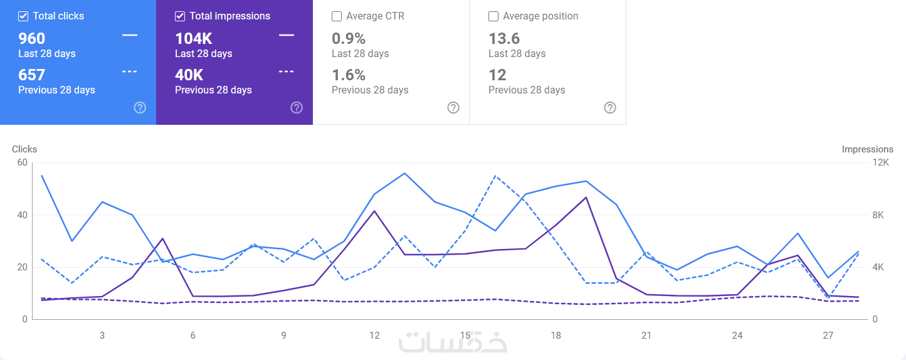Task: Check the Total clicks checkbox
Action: tap(23, 16)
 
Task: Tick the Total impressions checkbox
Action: tap(179, 16)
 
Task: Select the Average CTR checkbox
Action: tap(337, 16)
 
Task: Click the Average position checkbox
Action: tap(493, 16)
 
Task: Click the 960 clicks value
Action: tap(31, 39)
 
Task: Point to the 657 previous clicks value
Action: tap(31, 75)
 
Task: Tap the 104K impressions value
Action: tap(193, 39)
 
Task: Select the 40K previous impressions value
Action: tap(189, 75)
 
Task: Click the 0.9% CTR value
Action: tap(349, 39)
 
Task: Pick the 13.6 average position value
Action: tap(504, 39)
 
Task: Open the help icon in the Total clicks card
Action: tap(140, 108)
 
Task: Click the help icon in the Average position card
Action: tap(610, 108)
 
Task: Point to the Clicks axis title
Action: tap(24, 149)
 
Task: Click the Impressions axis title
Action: tap(868, 149)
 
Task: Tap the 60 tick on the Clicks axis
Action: tap(22, 162)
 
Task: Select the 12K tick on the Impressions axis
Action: tap(881, 162)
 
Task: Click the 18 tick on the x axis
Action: tap(556, 336)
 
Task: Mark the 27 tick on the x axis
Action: tap(828, 336)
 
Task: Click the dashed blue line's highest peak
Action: tap(495, 176)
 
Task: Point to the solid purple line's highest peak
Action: tap(586, 198)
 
